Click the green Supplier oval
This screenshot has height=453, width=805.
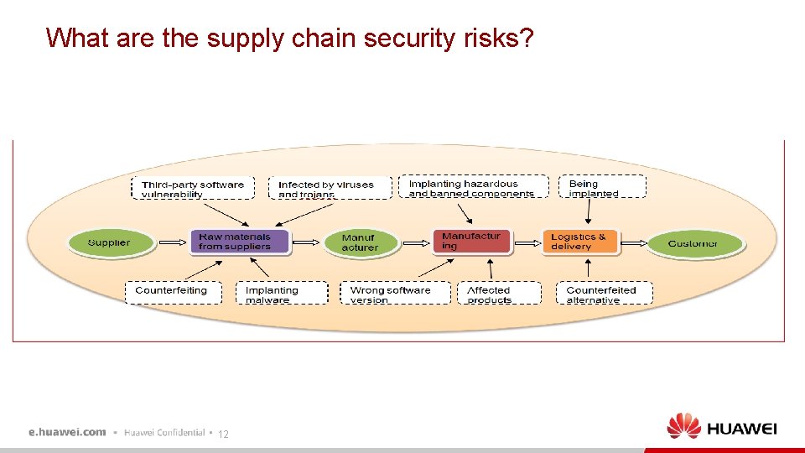point(109,242)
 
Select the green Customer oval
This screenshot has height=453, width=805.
point(693,243)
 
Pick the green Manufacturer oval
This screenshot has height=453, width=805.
point(361,242)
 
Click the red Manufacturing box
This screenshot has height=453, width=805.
point(470,242)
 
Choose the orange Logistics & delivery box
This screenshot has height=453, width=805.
point(579,242)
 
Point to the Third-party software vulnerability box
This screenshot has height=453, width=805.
point(193,189)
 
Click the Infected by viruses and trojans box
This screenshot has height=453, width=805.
point(330,189)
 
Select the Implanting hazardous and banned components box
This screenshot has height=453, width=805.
point(473,188)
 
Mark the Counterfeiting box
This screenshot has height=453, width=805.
point(174,291)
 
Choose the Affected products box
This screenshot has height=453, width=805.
point(494,293)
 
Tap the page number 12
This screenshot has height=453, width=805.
point(223,434)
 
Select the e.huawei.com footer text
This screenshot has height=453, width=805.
point(67,432)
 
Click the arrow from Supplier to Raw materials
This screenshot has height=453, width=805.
point(172,242)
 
